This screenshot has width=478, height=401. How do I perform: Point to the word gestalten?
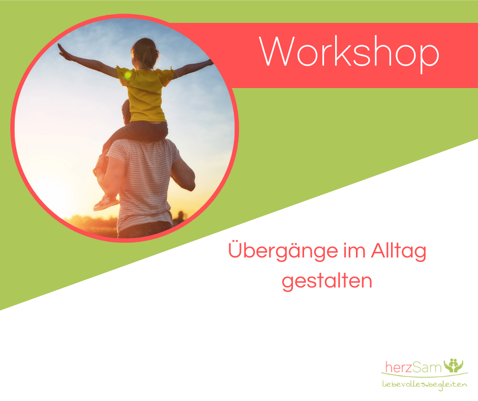coord(327,281)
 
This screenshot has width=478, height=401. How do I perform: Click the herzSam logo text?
coord(413,367)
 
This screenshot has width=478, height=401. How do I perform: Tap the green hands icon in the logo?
coord(453,365)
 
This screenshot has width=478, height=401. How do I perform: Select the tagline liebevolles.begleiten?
coord(424,384)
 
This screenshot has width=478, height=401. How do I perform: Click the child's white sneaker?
coord(105,203)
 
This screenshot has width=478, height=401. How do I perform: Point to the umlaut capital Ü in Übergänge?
coord(236,249)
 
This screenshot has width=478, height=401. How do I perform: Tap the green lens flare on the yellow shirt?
coord(128,75)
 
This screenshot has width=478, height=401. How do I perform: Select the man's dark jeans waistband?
coord(145,227)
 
